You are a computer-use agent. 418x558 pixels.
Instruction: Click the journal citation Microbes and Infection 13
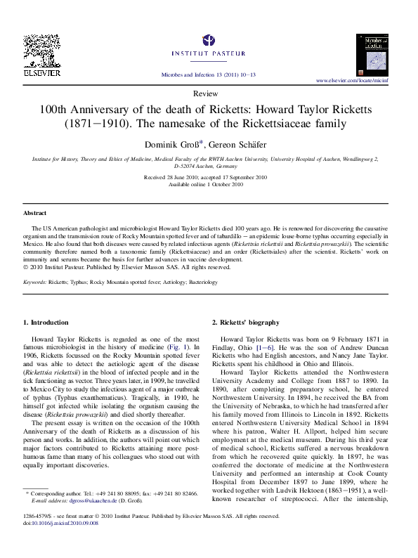tap(208, 74)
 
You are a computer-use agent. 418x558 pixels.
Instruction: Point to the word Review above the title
tap(209, 93)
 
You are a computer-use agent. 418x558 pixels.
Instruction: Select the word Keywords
tap(35, 282)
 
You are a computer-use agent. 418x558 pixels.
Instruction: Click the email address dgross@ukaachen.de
tap(93, 502)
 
